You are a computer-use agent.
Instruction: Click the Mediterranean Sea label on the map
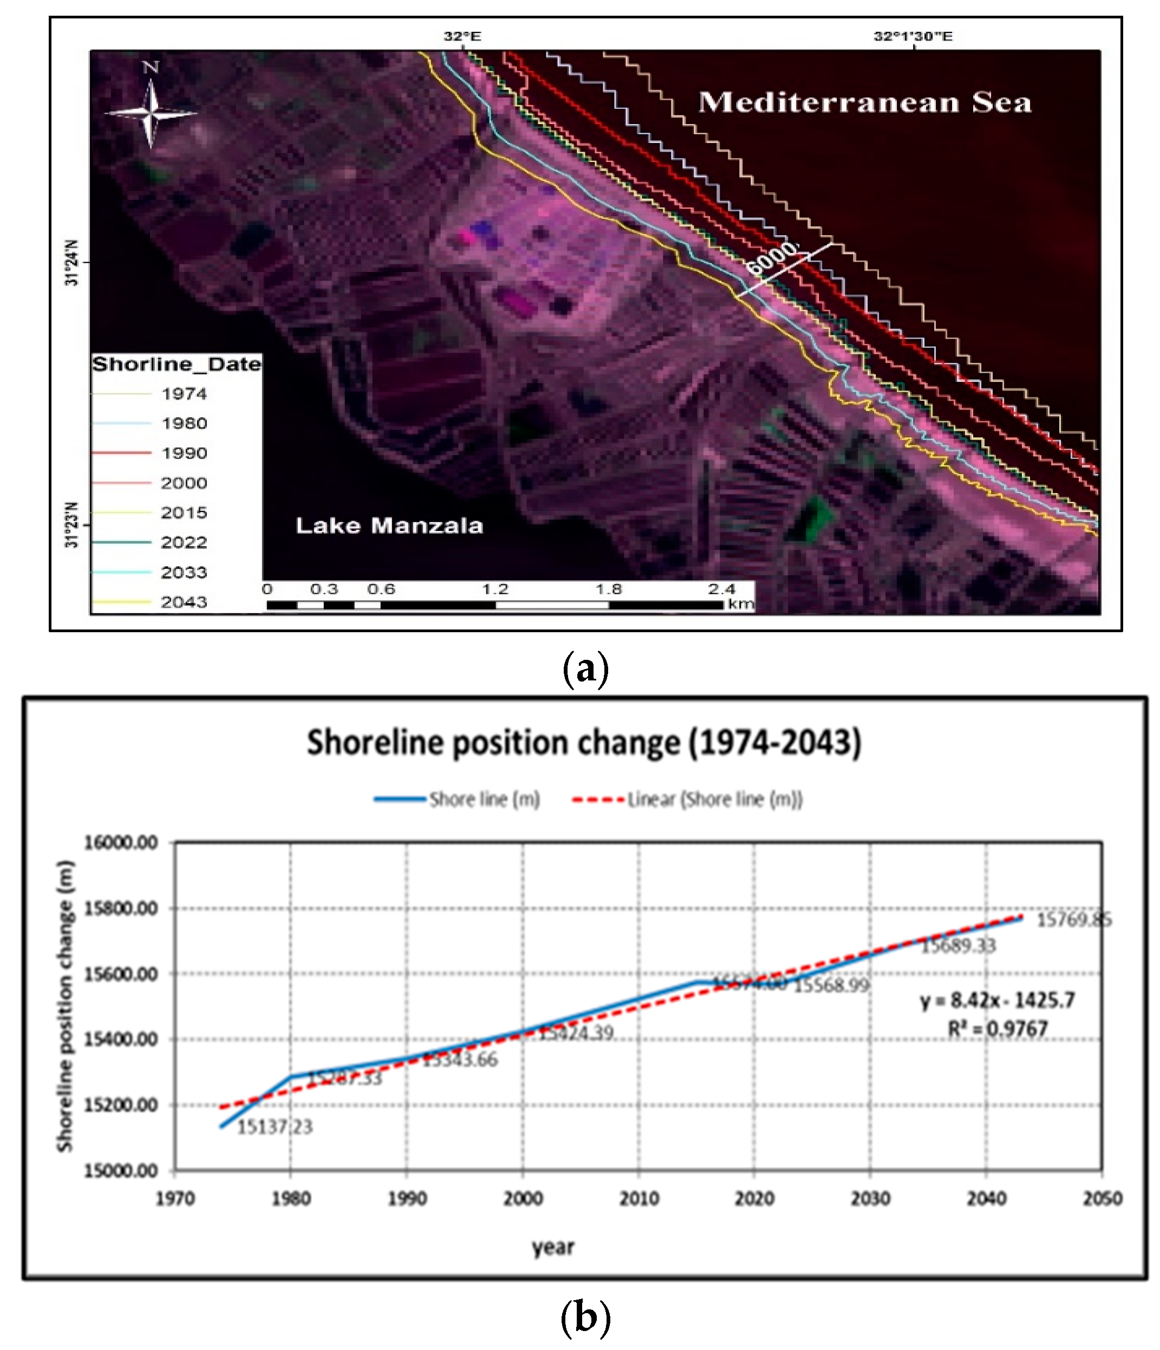coord(864,103)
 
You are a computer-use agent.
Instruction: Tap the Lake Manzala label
coord(389,526)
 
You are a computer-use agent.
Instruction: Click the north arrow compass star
coord(151,113)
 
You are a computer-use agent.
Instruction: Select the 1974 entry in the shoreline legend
coord(184,393)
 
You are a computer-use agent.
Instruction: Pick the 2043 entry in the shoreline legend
coord(184,602)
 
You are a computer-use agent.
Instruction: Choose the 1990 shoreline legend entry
coord(184,453)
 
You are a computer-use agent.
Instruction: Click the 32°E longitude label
coord(462,36)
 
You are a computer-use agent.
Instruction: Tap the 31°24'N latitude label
coord(71,263)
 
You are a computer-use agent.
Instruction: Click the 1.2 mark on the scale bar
coord(494,589)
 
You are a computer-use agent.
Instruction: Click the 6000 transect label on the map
coord(772,257)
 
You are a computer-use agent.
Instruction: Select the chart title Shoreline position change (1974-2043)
coord(584,743)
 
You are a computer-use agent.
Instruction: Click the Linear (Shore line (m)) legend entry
coord(714,800)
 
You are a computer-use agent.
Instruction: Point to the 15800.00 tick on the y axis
coord(121,908)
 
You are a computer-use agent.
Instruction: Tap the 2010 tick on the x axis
coord(638,1198)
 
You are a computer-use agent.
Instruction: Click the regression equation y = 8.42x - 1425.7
coord(996,1000)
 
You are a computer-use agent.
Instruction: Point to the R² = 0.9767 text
coord(996,1029)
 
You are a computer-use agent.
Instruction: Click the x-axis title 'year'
coord(553,1247)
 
